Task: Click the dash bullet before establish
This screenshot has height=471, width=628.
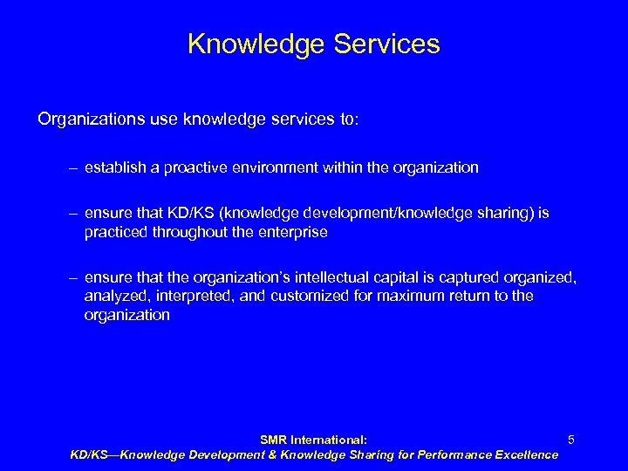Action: [76, 167]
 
